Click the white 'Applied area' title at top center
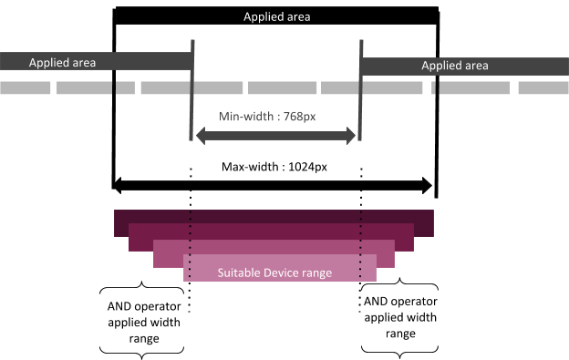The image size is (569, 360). (x=276, y=17)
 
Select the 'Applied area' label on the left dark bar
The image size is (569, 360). (x=62, y=63)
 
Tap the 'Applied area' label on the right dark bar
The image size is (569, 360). (x=454, y=66)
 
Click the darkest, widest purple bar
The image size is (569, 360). (x=274, y=216)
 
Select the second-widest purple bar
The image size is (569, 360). (x=274, y=231)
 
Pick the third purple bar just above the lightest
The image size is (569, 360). (x=274, y=247)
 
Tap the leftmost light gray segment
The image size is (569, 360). (x=25, y=87)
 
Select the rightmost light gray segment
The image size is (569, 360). (x=543, y=87)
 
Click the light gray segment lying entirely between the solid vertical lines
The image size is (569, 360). (x=282, y=87)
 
